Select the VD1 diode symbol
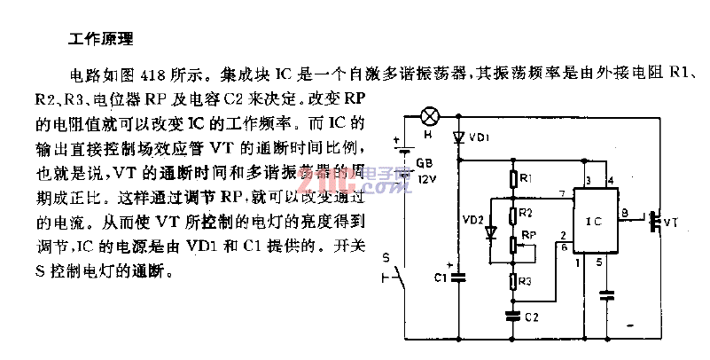(x=458, y=138)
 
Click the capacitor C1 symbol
(x=458, y=277)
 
